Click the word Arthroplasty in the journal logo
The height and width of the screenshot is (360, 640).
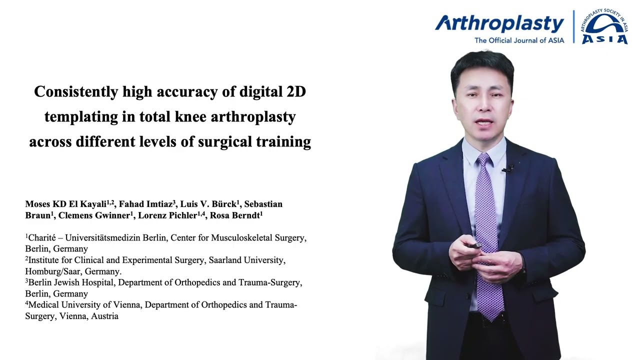coord(499,23)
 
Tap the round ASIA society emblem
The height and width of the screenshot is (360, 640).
coord(604,27)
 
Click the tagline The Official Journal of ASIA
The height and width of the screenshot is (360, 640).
coord(519,40)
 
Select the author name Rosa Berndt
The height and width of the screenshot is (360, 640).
coord(234,216)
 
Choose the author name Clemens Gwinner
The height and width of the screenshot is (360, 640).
coord(94,216)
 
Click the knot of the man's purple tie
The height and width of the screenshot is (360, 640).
coord(483,161)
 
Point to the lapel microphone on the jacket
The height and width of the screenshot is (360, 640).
coord(510,168)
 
